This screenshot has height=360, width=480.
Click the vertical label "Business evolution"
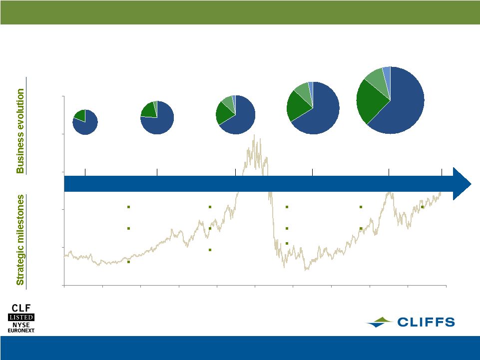tap(20, 131)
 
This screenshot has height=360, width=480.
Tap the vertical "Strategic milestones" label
tap(20, 240)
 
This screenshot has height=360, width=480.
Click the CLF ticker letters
tap(21, 308)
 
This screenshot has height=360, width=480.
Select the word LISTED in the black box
tap(21, 317)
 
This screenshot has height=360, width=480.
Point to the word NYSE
tap(21, 325)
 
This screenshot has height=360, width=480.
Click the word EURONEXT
tap(21, 331)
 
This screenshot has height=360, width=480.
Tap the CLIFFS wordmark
tap(426, 322)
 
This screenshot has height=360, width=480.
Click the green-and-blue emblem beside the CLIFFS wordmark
tap(380, 323)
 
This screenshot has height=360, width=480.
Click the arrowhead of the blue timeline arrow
tap(462, 184)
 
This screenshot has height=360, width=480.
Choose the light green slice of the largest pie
tap(377, 81)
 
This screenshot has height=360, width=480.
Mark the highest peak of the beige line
tap(254, 135)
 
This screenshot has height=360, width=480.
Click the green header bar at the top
tap(240, 12)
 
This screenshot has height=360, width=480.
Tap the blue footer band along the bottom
tap(240, 348)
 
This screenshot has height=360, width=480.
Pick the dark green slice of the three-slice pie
tap(148, 110)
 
